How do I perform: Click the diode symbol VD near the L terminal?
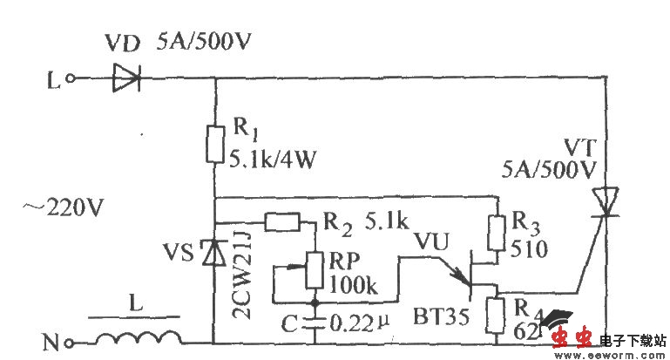click(125, 79)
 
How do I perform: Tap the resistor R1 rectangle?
click(215, 143)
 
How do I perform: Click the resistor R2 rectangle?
click(283, 222)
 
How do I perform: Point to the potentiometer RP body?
click(314, 272)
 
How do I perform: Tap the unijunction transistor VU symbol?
click(470, 275)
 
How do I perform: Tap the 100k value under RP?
click(351, 284)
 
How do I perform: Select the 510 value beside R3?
click(529, 251)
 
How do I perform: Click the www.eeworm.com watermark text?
click(606, 354)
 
